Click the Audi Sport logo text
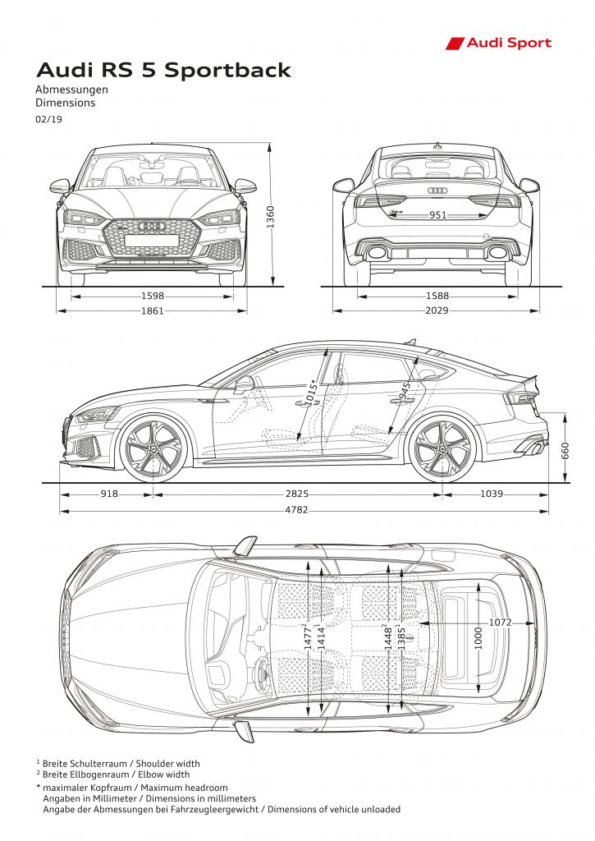click(509, 43)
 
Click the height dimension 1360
click(270, 217)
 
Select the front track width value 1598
click(153, 296)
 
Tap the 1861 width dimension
click(152, 310)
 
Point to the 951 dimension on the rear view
click(438, 215)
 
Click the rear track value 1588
click(437, 296)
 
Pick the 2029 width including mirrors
click(437, 310)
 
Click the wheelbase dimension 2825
click(297, 494)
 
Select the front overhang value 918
click(109, 494)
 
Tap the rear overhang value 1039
click(491, 494)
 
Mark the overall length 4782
click(296, 510)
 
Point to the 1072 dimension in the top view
click(500, 623)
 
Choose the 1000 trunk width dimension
click(478, 638)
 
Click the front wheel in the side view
click(153, 448)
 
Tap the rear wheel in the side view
click(443, 448)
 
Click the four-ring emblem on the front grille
click(152, 227)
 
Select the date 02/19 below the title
click(48, 119)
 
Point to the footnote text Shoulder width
click(167, 763)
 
